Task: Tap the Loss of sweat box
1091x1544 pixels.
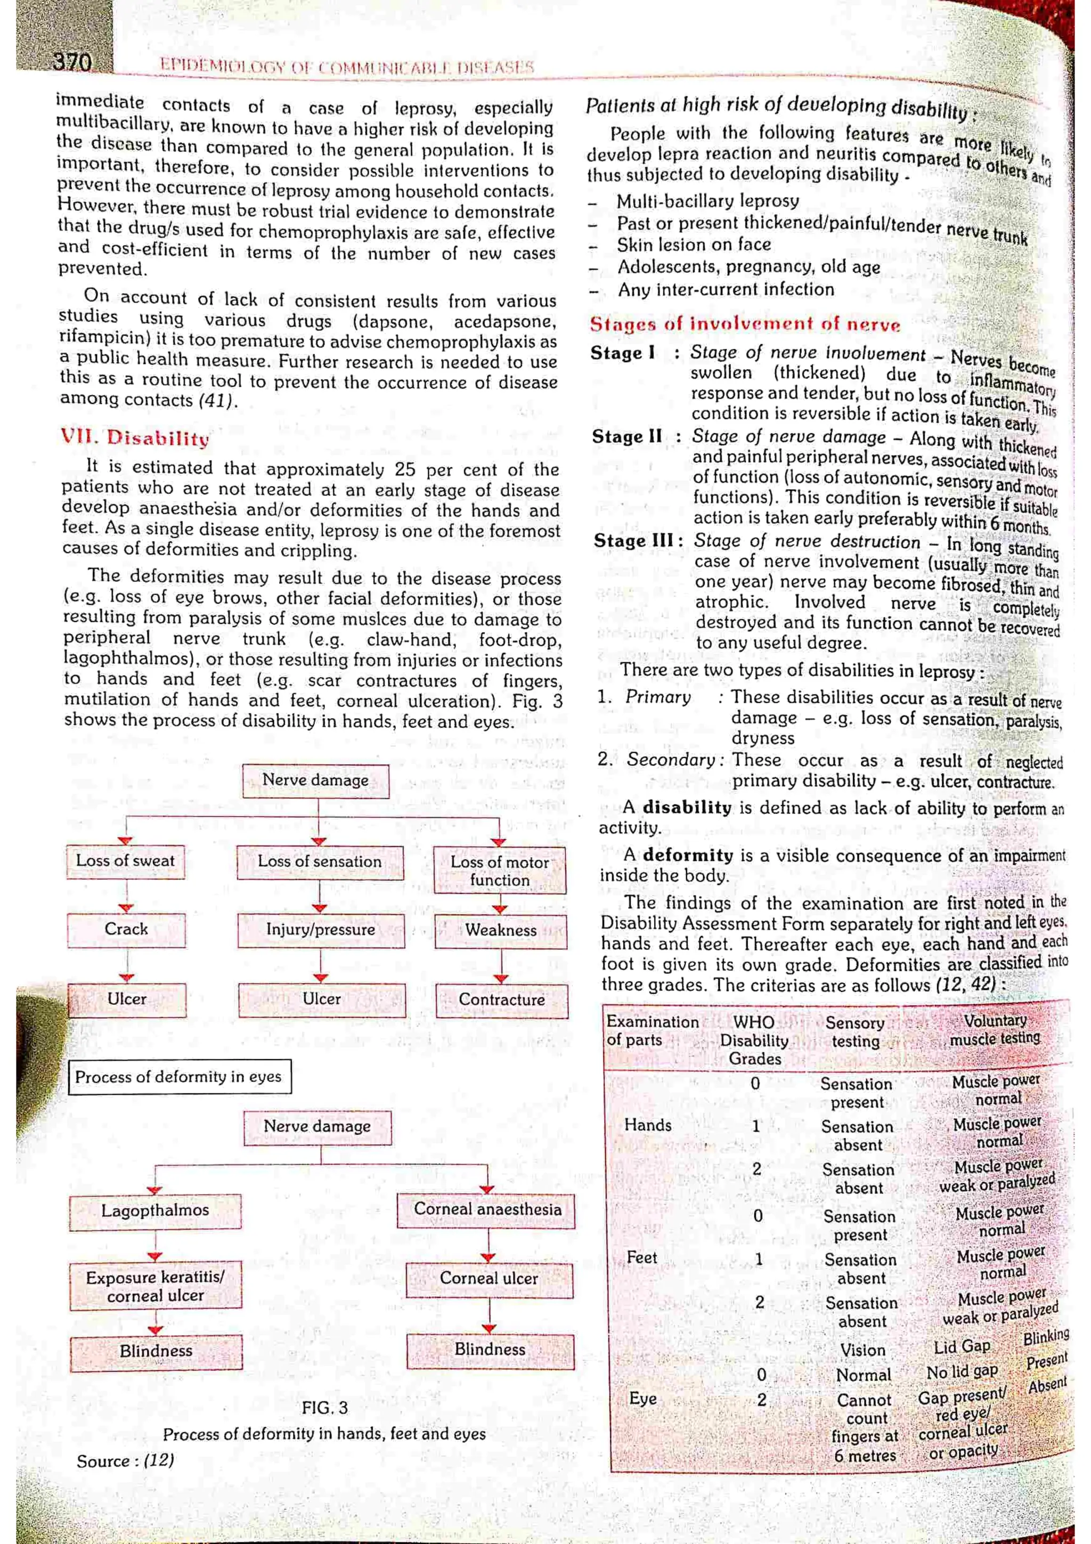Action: pos(125,861)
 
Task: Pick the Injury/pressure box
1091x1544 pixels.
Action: pos(321,930)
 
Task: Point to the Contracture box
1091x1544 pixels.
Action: pos(501,1000)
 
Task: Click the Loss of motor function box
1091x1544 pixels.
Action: pos(500,871)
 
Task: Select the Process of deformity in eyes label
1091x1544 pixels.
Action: pos(179,1077)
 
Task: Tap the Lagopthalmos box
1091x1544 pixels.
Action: pos(155,1210)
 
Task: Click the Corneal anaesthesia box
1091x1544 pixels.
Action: pos(487,1209)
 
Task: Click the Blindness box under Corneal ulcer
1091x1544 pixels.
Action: pos(490,1350)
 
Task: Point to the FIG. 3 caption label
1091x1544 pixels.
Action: pos(324,1408)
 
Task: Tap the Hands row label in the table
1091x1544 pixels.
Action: pos(647,1125)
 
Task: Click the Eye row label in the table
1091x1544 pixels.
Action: pos(642,1398)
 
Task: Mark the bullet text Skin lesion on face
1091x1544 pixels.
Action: pos(693,245)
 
